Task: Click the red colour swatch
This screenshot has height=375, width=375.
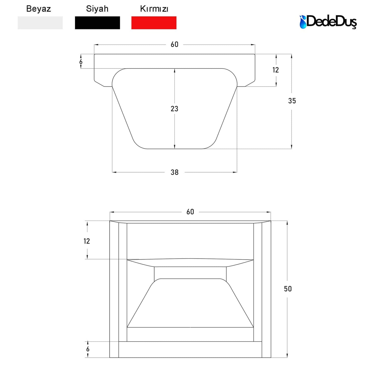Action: [154, 23]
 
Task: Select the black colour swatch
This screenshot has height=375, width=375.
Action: [97, 23]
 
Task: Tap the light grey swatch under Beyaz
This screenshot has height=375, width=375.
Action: [40, 23]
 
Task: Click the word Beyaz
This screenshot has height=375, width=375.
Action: [38, 9]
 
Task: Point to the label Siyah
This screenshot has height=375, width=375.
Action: [97, 9]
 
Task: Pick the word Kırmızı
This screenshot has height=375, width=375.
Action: [154, 9]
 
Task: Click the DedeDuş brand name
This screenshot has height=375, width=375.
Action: [331, 22]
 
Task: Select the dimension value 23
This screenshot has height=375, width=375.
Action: [174, 109]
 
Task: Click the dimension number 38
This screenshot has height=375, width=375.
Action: [174, 172]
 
